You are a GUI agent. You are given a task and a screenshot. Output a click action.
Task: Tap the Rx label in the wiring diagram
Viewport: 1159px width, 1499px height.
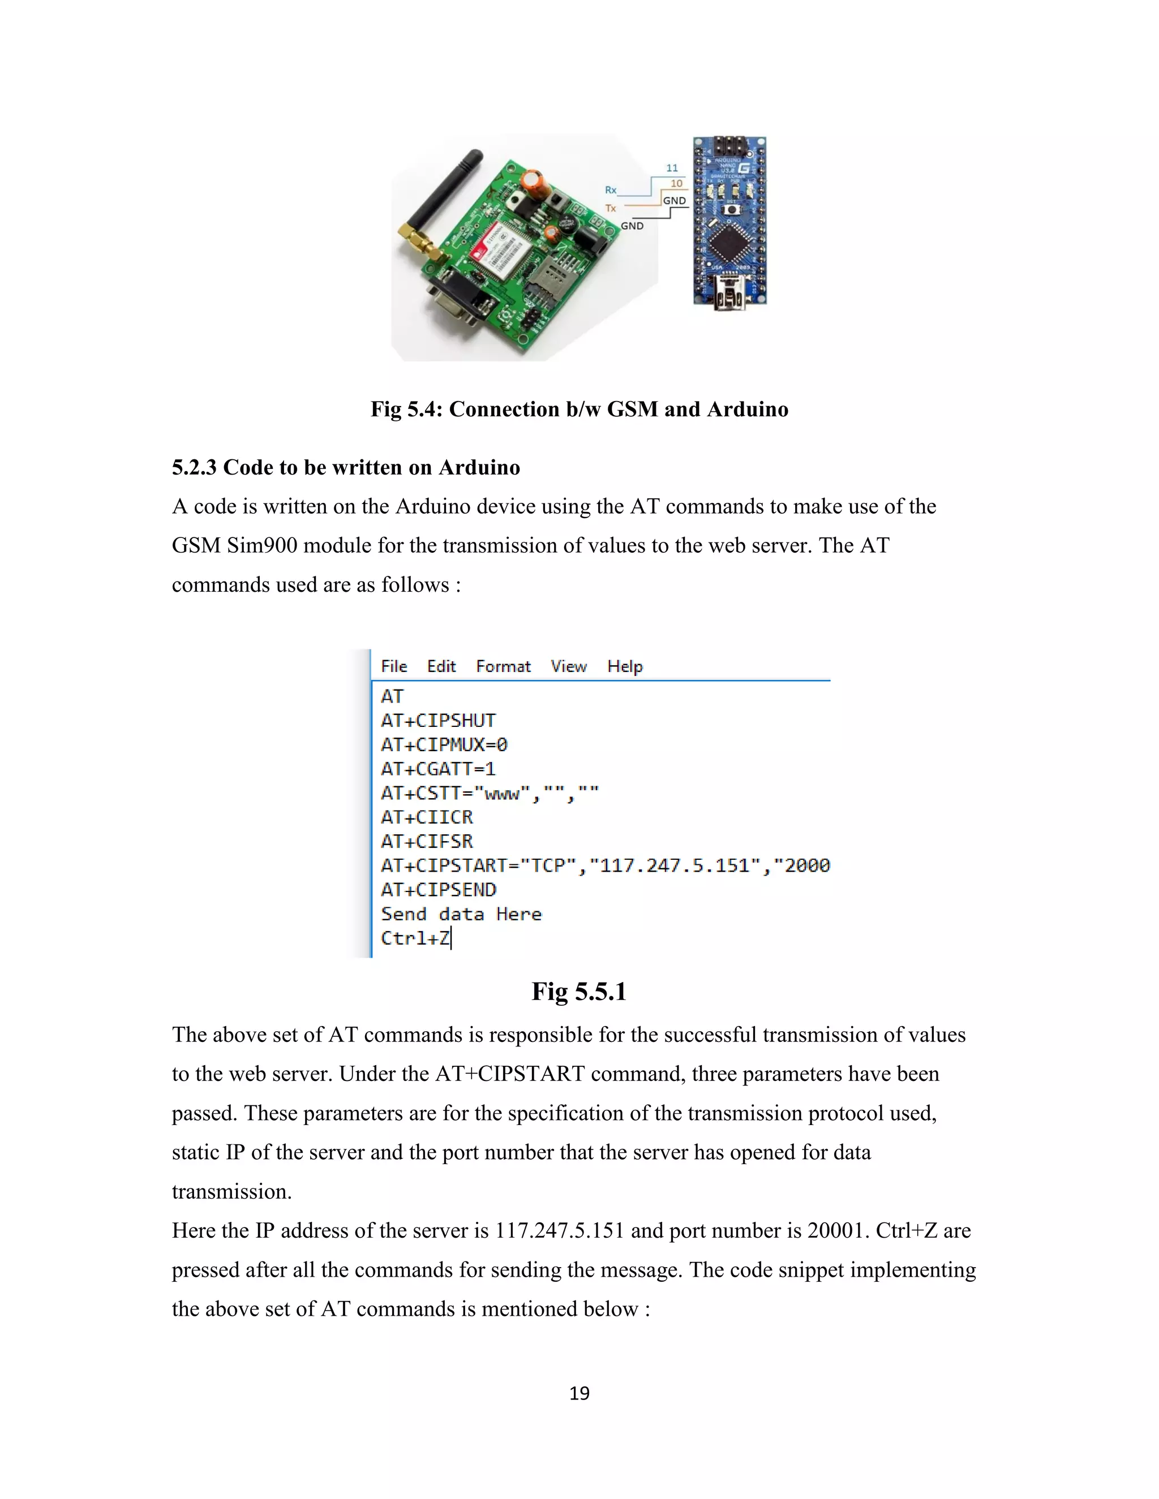[x=611, y=190]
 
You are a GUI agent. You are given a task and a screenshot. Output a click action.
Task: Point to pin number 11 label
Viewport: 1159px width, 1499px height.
[x=672, y=168]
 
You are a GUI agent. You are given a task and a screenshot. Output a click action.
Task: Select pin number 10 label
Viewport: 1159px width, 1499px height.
[x=676, y=183]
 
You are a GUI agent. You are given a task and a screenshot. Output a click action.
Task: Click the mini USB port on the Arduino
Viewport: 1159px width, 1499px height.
[x=728, y=293]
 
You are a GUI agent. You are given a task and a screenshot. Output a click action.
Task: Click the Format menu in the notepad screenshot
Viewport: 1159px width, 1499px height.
[x=503, y=666]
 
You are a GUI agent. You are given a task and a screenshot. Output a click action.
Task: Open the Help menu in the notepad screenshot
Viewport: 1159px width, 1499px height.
[x=625, y=666]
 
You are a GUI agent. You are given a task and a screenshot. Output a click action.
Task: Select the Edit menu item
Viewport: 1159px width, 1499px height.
[x=441, y=666]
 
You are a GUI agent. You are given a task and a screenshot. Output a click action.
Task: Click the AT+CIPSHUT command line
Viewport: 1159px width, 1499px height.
[x=438, y=721]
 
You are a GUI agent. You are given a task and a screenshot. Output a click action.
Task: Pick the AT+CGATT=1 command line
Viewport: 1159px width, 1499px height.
[x=438, y=769]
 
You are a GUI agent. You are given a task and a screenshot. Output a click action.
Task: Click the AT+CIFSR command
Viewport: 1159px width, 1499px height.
[x=426, y=842]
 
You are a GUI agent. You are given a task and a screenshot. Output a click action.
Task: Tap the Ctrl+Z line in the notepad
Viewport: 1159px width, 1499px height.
[x=415, y=938]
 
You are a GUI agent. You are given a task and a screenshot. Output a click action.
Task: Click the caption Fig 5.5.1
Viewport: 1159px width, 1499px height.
[x=579, y=992]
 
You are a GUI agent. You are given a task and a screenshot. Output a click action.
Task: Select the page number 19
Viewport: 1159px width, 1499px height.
[x=579, y=1393]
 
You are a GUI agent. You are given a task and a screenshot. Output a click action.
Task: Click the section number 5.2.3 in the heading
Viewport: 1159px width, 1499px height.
[x=194, y=467]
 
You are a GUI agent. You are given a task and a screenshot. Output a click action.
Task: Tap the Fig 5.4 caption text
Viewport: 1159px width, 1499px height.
[x=579, y=409]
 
